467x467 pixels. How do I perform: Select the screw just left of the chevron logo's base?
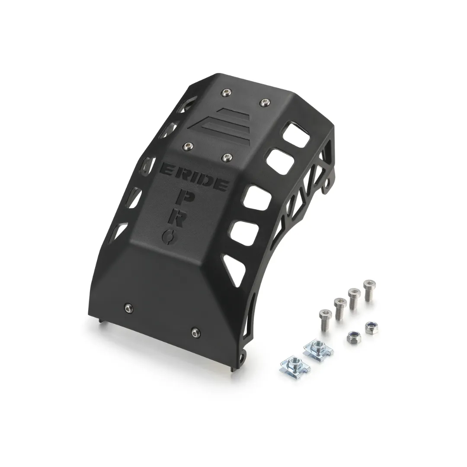pos(187,146)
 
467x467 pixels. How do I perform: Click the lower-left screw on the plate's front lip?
pos(129,308)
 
